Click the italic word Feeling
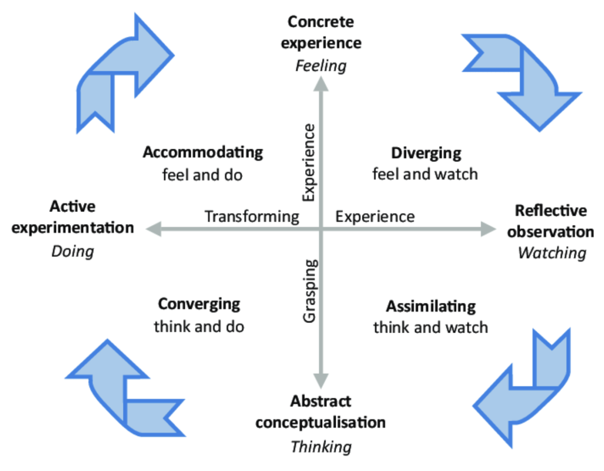(x=321, y=66)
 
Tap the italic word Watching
(x=552, y=253)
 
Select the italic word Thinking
(x=321, y=446)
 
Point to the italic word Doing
(x=73, y=251)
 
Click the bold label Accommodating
(x=203, y=152)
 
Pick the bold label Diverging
(x=426, y=152)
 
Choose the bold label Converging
(x=199, y=304)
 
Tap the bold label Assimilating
(x=430, y=306)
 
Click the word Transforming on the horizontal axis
(x=252, y=216)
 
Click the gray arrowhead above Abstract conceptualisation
(x=321, y=380)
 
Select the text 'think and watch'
(x=430, y=327)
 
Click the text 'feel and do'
(x=202, y=175)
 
